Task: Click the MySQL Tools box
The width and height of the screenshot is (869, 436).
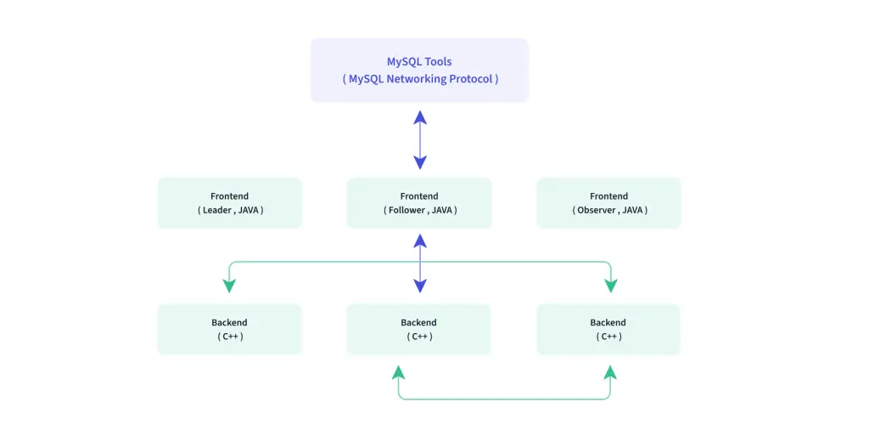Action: click(419, 71)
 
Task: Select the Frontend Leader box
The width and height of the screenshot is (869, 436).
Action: click(230, 203)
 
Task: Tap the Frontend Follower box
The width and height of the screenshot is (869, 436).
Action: click(419, 203)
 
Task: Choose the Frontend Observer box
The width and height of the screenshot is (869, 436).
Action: click(608, 203)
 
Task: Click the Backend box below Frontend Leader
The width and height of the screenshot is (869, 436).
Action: click(229, 329)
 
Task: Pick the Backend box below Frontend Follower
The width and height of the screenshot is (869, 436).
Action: click(419, 329)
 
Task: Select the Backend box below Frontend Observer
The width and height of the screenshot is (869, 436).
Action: click(608, 329)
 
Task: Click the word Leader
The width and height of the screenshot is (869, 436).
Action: click(216, 210)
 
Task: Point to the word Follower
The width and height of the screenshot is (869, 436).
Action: click(406, 210)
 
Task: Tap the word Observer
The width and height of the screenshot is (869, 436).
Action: click(597, 210)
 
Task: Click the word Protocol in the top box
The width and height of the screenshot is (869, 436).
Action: click(470, 79)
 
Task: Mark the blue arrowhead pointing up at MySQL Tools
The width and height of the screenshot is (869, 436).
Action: click(420, 117)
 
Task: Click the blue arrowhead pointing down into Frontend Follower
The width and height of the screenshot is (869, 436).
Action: click(420, 162)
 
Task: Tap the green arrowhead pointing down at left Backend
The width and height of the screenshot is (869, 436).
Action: click(229, 286)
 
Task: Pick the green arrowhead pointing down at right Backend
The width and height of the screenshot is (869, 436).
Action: click(611, 286)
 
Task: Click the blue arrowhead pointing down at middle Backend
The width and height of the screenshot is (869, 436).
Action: click(420, 286)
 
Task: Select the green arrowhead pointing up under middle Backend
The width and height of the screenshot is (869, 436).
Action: click(399, 372)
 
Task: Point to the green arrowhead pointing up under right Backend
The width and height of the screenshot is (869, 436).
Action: click(610, 372)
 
